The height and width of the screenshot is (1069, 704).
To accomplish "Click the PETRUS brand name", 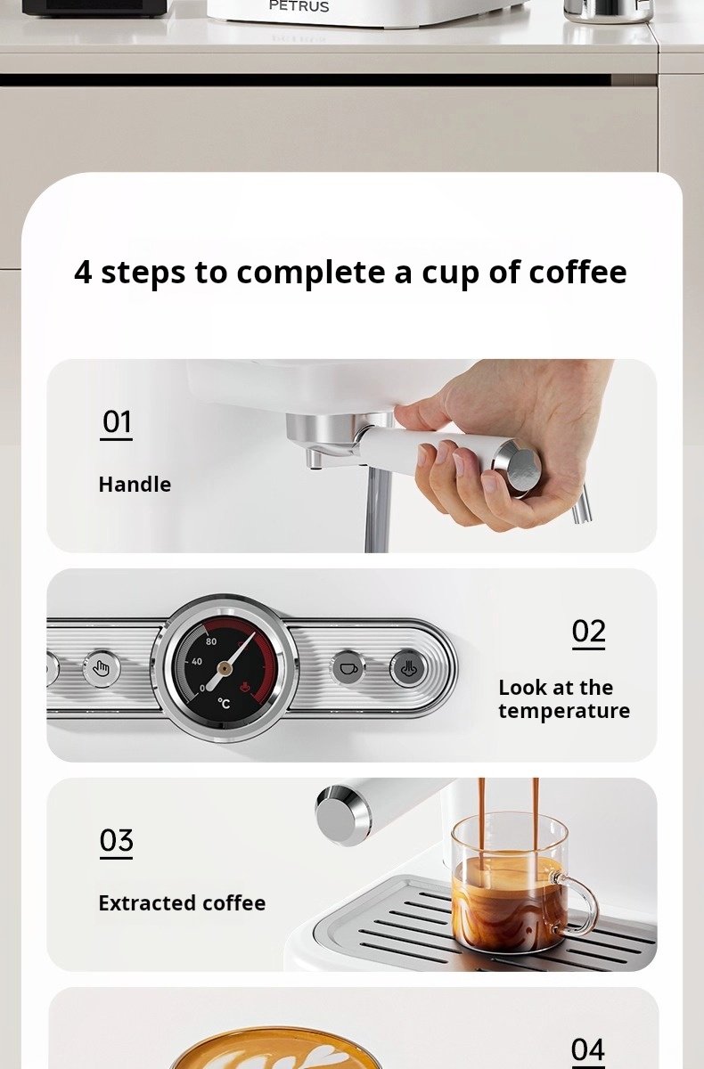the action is coord(299,6).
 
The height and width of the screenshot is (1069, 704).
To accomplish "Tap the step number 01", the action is coord(117,422).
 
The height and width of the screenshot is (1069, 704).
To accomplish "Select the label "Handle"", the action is coord(135,485).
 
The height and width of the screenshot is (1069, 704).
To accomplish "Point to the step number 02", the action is coord(588,632).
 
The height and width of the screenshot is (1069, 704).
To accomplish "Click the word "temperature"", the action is coord(564,711).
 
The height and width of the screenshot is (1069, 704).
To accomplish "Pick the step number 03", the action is coord(117,840).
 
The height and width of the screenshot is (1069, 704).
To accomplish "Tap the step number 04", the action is coord(588,1049).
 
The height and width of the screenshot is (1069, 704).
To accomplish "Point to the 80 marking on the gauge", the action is coord(211,641).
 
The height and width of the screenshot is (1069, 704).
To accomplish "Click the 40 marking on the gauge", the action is coord(197,661).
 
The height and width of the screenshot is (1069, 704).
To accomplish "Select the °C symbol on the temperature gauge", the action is coord(224,703).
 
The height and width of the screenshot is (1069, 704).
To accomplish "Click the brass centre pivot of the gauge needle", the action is coord(225,669).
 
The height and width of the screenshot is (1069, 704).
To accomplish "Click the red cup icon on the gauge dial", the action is coord(244,687).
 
